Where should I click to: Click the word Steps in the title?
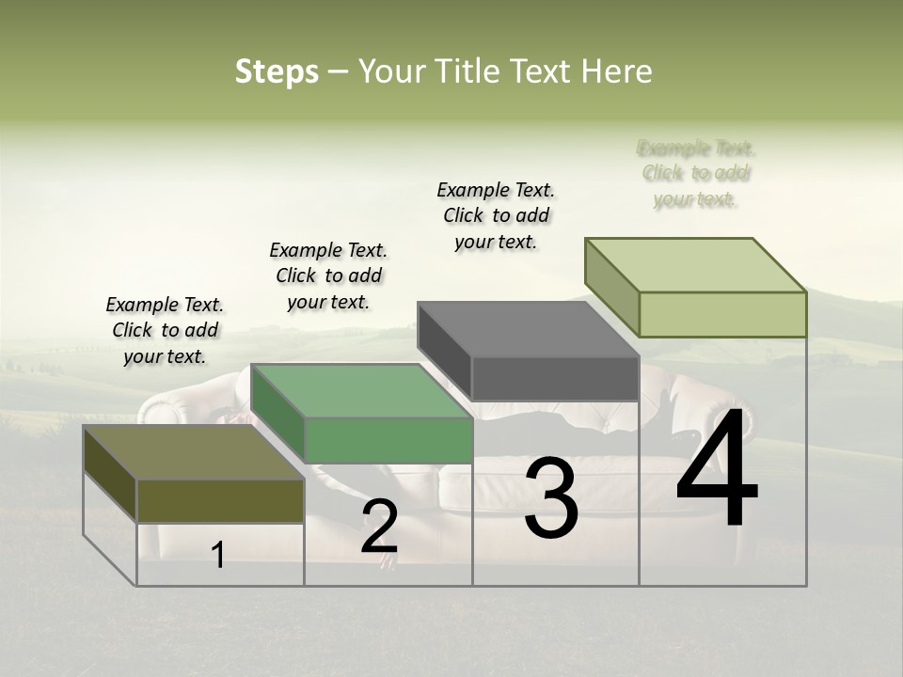point(277,72)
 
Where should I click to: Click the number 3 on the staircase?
point(550,498)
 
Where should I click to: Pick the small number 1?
point(218,555)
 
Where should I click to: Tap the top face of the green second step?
point(361,391)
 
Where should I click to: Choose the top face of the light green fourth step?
point(695,265)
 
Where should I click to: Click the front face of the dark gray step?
point(555,379)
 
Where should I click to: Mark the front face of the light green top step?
point(722,314)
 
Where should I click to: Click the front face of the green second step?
point(388,440)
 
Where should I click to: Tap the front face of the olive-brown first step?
point(220,500)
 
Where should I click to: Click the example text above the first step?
point(165,330)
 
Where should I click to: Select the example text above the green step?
point(328,276)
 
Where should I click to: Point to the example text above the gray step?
point(496,215)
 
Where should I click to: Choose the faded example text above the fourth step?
point(696,174)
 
